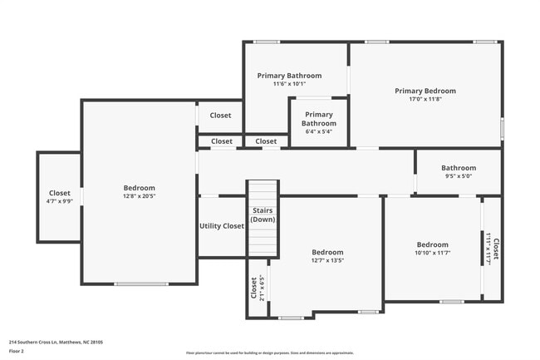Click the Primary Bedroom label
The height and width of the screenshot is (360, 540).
(425, 91)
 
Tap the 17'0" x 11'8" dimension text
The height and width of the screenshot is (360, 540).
(425, 99)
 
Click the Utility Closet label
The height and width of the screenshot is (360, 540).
(222, 225)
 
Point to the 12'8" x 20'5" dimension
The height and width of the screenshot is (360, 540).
(139, 197)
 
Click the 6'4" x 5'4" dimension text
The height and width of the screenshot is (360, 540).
(318, 131)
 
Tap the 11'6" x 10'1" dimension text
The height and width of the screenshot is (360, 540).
(289, 84)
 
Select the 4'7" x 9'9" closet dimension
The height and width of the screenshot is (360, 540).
(59, 201)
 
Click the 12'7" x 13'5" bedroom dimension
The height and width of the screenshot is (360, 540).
(326, 260)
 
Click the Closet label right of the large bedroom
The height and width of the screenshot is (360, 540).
(220, 116)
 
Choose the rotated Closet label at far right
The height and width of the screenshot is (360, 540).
(496, 248)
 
